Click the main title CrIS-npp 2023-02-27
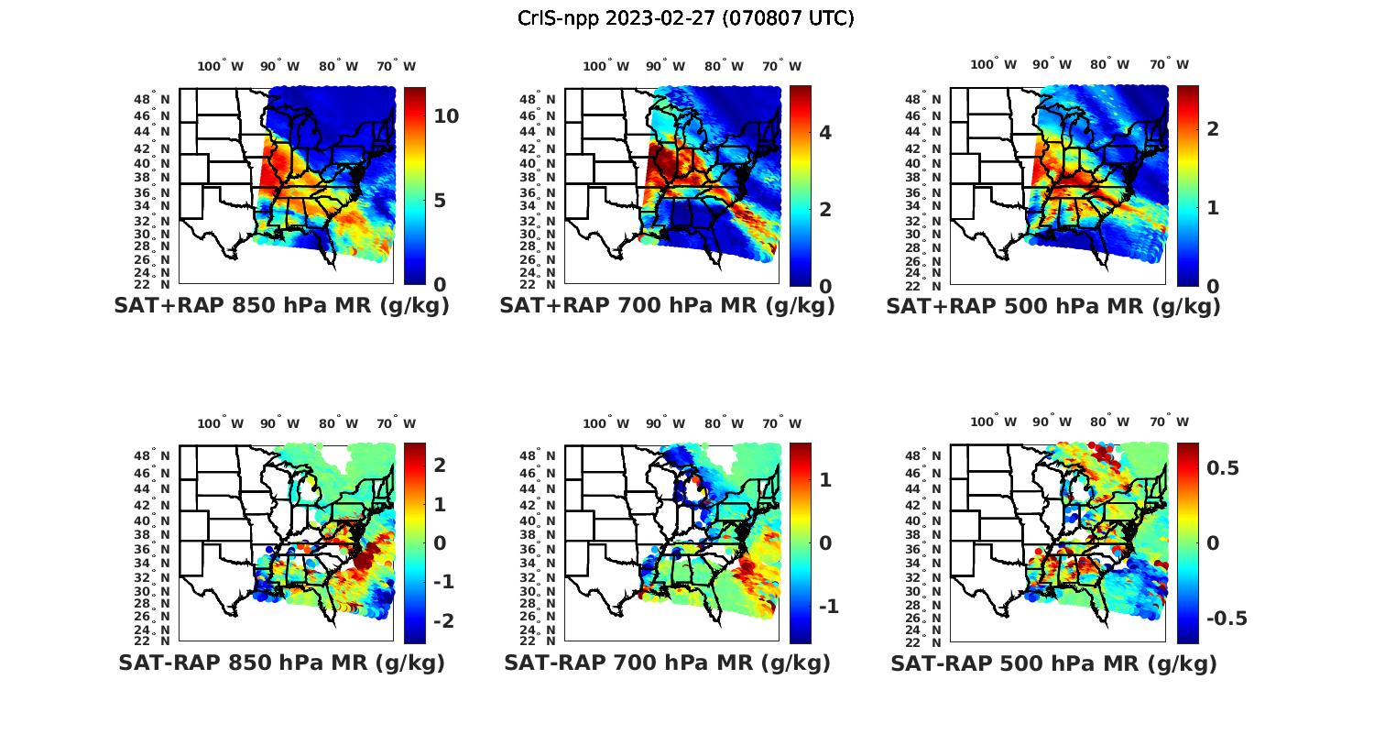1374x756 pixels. coord(685,18)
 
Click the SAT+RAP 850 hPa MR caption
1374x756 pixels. coord(281,306)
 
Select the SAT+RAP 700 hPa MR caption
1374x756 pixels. coord(667,306)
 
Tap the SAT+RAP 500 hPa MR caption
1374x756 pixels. coord(1052,306)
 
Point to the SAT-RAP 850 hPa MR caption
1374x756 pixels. coord(281,663)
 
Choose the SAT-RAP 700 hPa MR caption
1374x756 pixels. coord(667,663)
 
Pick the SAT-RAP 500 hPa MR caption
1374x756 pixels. coord(1053,663)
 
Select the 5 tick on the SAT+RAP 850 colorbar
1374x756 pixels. coord(440,200)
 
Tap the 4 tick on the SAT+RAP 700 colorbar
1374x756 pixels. coord(825,133)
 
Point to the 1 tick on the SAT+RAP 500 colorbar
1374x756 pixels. coord(1213,208)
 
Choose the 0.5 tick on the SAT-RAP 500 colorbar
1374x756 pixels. coord(1223,468)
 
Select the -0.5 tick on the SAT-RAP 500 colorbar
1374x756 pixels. coord(1227,619)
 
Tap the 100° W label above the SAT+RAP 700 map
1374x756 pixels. coord(605,66)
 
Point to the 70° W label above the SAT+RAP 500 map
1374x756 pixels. coord(1170,64)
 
